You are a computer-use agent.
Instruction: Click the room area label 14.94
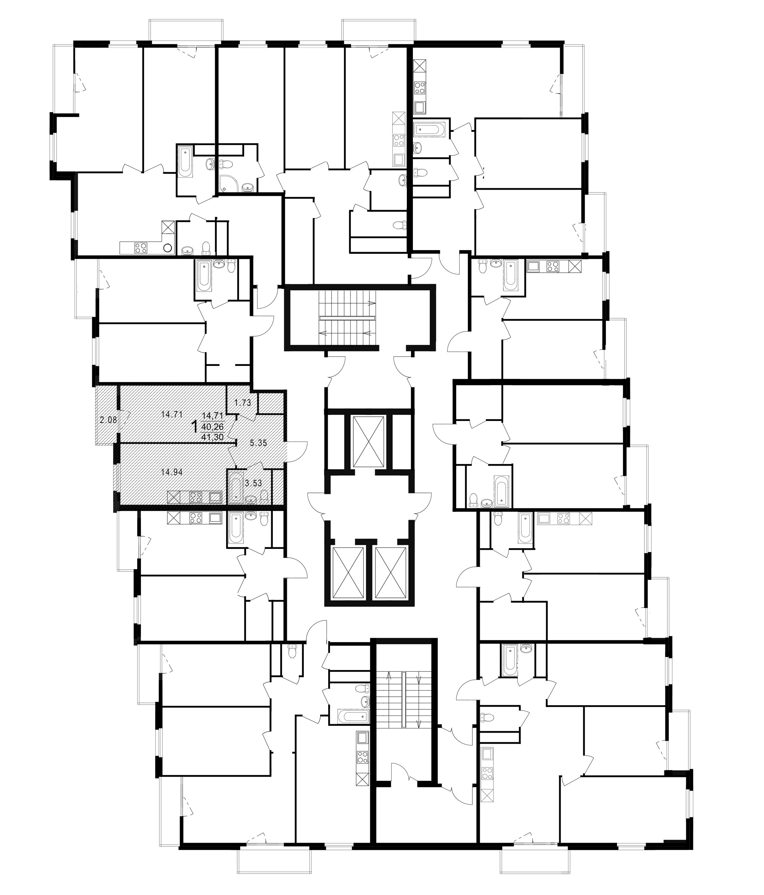172,472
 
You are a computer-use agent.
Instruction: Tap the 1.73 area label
243,403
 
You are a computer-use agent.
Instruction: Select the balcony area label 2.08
108,419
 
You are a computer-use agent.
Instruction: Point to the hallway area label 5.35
258,443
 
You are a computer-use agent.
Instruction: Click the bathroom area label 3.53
254,483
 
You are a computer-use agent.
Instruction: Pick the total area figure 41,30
212,437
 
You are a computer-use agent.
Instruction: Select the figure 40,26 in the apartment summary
212,426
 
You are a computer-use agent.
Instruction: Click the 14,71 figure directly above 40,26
212,416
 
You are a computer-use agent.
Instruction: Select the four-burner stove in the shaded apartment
196,497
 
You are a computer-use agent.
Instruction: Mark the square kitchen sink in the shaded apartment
215,497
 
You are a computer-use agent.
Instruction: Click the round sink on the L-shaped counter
168,248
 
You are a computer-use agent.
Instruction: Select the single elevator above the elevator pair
368,442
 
